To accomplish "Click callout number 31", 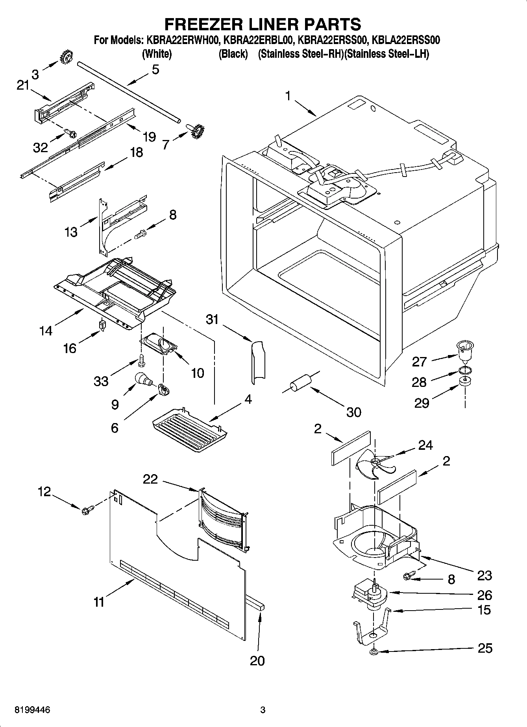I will click(x=212, y=319).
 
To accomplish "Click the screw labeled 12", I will click(x=87, y=510).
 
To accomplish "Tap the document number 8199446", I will click(x=32, y=710).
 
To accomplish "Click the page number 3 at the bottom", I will click(x=263, y=710).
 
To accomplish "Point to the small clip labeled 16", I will click(x=103, y=325).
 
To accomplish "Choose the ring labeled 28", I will click(x=464, y=370).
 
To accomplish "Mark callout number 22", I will click(x=150, y=479).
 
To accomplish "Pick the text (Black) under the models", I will click(x=233, y=54).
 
